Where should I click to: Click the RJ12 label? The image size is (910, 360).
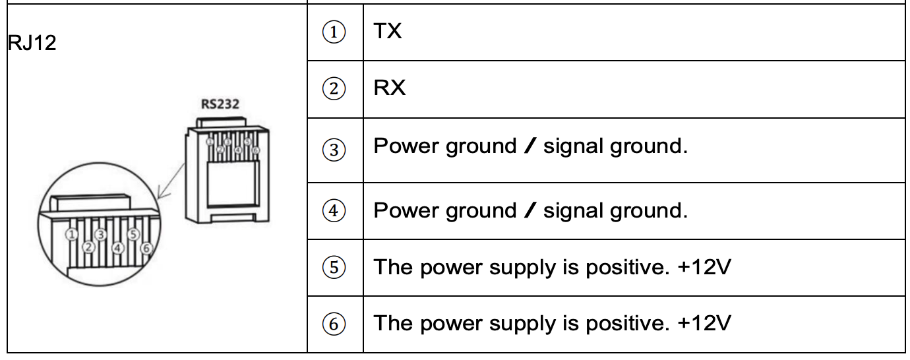point(32,43)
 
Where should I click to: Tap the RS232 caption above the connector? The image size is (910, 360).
point(220,104)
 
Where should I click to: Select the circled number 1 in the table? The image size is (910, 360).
point(334,32)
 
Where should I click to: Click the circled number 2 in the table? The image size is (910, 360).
point(334,88)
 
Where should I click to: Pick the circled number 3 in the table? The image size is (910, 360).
point(334,150)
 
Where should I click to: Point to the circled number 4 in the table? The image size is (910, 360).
point(334,210)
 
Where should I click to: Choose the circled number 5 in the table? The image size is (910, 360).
point(334,267)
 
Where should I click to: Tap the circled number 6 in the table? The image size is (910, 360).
point(334,324)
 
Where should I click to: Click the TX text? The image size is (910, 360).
point(388,31)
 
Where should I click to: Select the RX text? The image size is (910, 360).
point(389,88)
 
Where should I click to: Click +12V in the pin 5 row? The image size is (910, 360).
point(704,267)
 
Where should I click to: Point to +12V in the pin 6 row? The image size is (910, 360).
point(704,323)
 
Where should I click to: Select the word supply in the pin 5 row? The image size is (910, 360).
point(523,268)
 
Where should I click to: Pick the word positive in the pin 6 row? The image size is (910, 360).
point(628,324)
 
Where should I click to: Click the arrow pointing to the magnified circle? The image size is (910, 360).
point(171,181)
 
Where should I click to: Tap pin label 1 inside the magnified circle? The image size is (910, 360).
point(71,235)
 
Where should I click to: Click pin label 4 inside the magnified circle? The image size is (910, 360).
point(118,248)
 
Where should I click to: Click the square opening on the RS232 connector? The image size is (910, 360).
point(233,185)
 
